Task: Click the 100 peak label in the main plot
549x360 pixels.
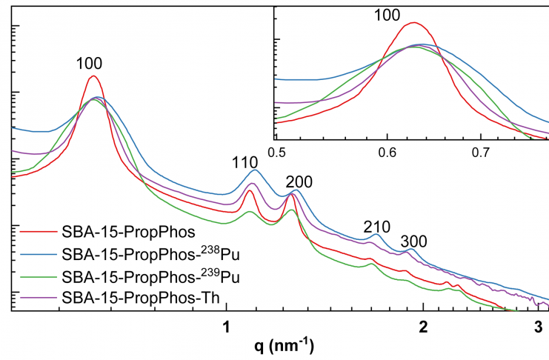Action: click(x=89, y=64)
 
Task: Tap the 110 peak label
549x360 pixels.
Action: click(x=244, y=161)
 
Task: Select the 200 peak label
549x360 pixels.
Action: click(x=293, y=180)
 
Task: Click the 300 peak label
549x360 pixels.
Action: click(x=413, y=241)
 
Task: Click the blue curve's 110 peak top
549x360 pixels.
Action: click(x=255, y=170)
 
